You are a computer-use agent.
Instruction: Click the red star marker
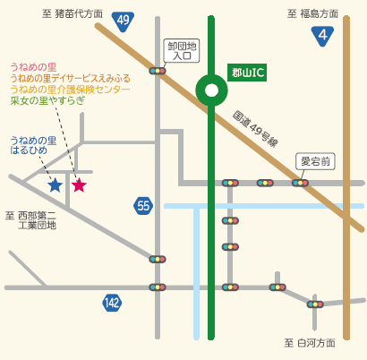79,185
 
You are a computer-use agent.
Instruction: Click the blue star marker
55,185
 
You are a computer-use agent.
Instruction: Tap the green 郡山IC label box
247,73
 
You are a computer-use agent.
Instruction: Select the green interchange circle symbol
211,90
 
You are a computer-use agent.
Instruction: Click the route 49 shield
124,20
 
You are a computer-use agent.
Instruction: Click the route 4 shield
322,36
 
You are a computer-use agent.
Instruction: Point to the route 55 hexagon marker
143,206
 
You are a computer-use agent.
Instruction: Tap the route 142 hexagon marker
112,303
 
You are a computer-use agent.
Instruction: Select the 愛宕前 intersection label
315,161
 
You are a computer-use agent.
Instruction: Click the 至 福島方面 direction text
312,14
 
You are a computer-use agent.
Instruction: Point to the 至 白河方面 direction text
310,343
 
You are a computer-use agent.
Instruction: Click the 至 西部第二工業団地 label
32,220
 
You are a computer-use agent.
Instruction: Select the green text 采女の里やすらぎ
47,101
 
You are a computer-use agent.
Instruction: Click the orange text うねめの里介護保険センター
70,90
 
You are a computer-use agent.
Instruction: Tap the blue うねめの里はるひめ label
33,146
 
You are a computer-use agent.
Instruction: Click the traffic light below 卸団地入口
158,71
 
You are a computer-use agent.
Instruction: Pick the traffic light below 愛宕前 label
301,183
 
